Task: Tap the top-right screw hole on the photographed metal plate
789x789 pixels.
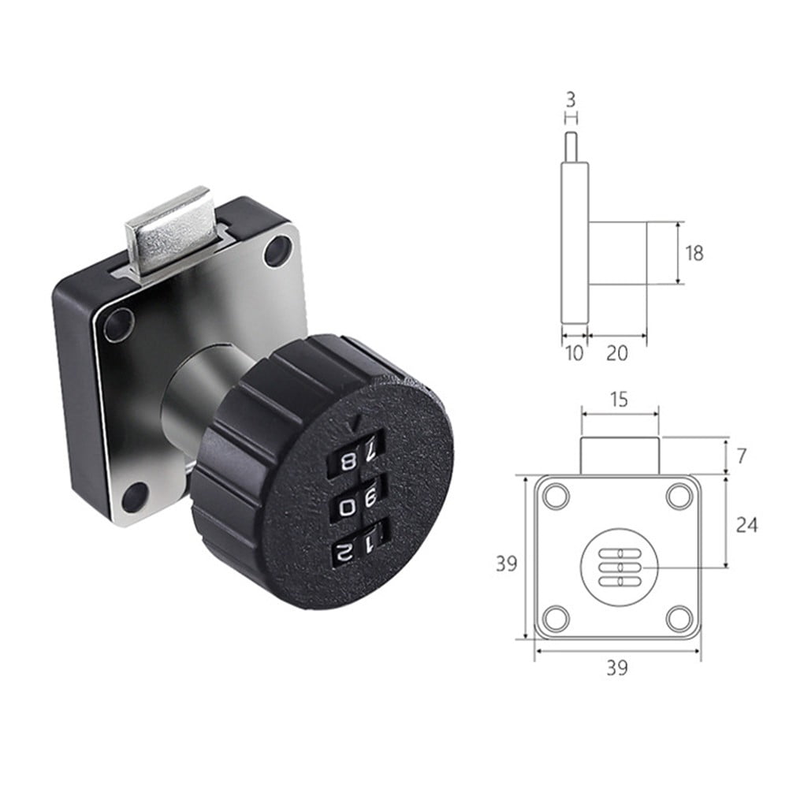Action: click(x=277, y=250)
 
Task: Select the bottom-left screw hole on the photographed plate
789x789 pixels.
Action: click(x=135, y=497)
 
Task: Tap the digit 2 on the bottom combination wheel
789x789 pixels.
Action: click(x=342, y=552)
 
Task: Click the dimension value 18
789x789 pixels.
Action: click(x=694, y=253)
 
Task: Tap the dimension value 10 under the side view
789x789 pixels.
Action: click(x=575, y=354)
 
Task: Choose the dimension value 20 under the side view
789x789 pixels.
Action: click(x=617, y=354)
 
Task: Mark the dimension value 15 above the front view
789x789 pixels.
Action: click(x=619, y=400)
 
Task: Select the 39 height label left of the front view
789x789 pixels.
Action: click(x=507, y=563)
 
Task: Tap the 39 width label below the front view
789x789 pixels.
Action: click(x=617, y=668)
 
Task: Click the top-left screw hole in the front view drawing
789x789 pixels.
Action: click(x=556, y=497)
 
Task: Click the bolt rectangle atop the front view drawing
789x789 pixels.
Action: click(x=619, y=456)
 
